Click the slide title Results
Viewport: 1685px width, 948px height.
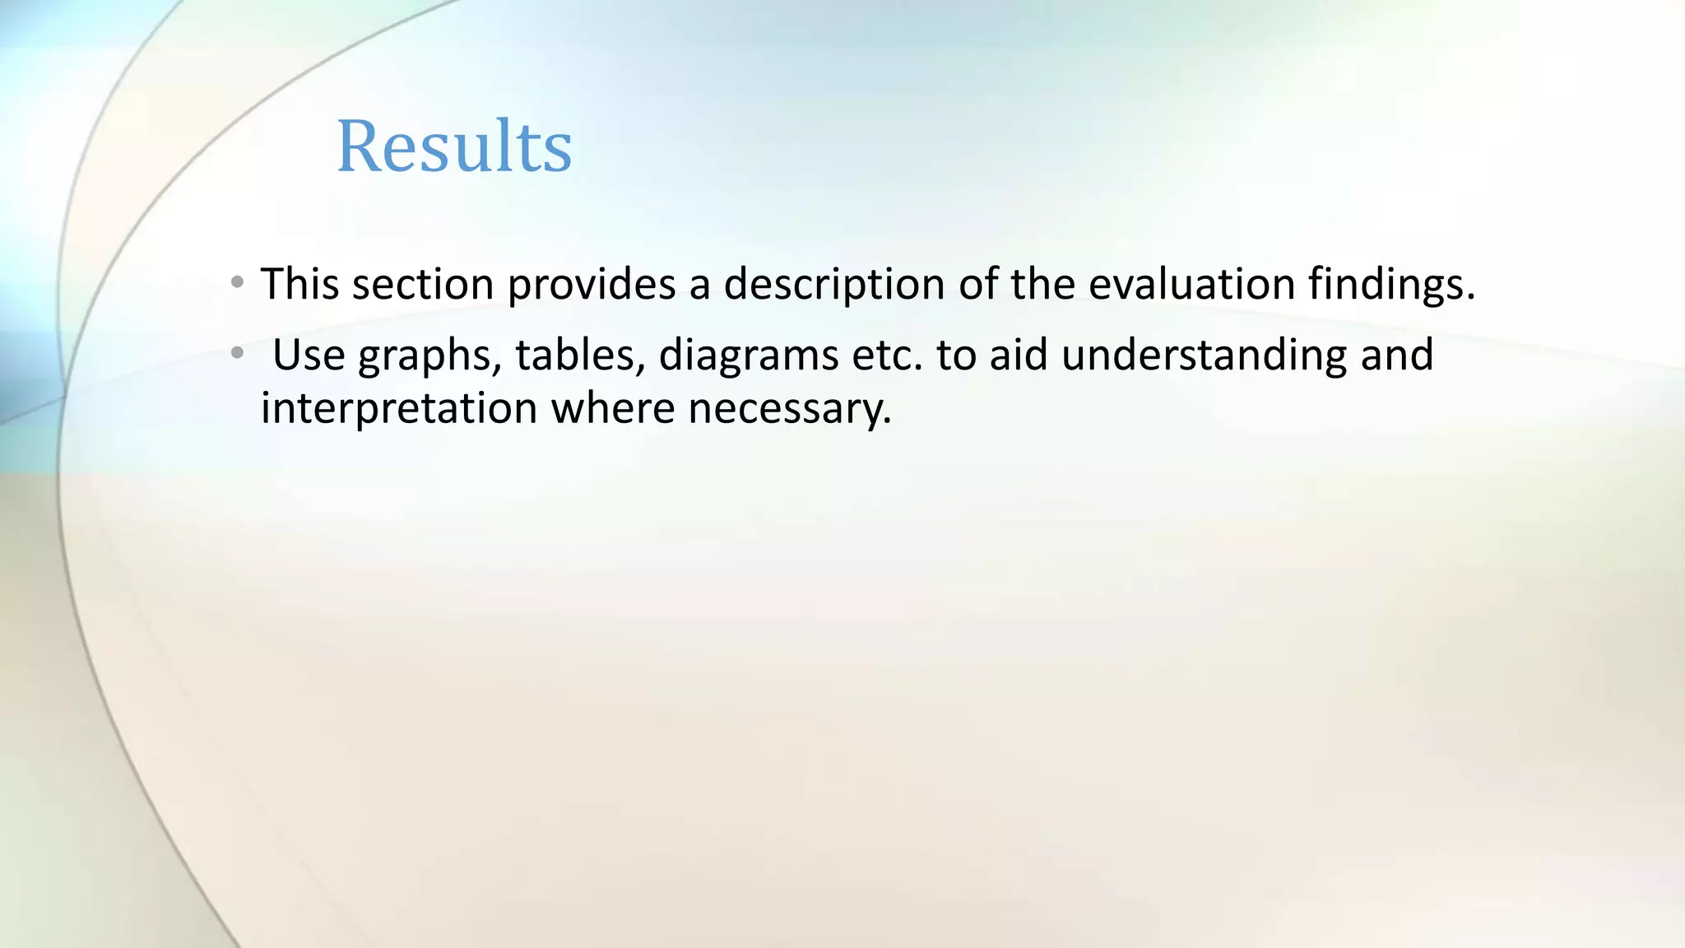(x=454, y=146)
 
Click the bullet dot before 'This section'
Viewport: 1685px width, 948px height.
(x=237, y=283)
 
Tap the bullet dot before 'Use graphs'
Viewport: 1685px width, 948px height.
(x=237, y=354)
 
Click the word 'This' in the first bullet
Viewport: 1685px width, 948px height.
(x=299, y=284)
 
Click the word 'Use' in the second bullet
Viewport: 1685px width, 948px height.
(x=308, y=355)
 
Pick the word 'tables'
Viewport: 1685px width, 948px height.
(x=580, y=355)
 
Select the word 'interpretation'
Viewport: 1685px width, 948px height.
(x=398, y=409)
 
